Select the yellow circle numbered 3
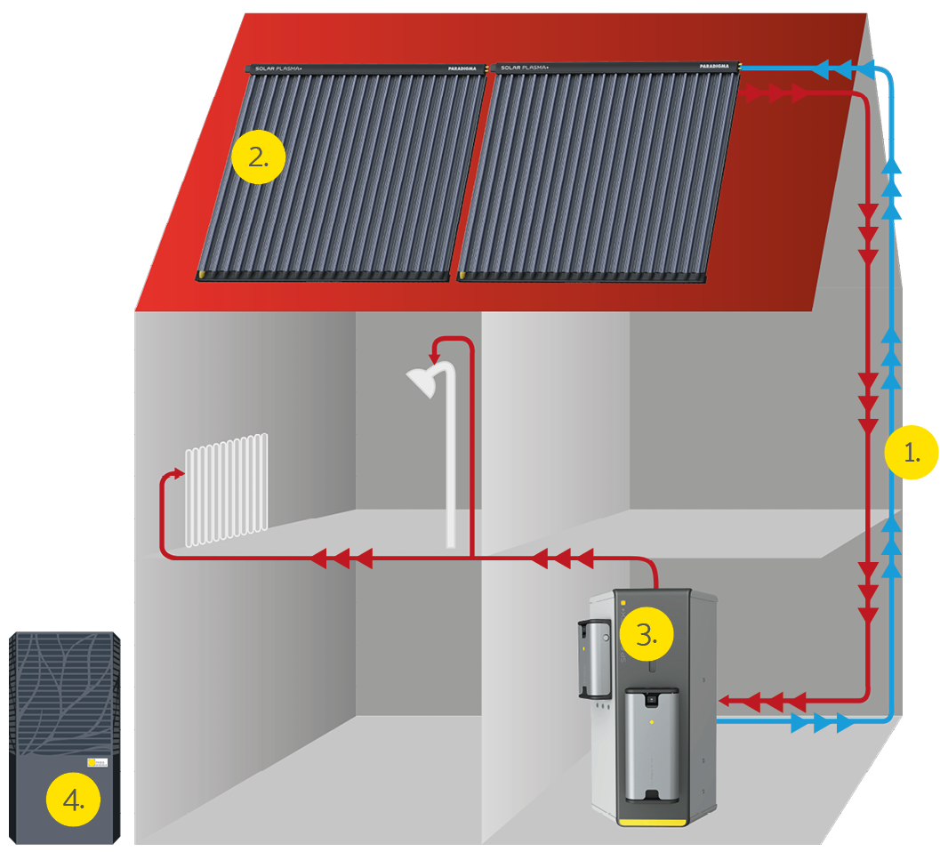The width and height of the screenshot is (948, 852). coord(647,634)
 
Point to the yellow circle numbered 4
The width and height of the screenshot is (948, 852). coord(74,800)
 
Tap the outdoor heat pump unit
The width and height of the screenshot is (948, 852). coord(65,738)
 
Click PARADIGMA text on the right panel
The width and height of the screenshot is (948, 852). coord(718,68)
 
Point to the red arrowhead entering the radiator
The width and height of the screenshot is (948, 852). coord(177,478)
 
